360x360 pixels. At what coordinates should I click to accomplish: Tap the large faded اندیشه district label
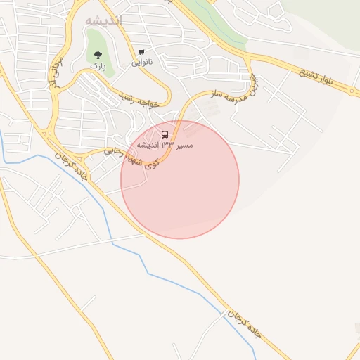coord(103,20)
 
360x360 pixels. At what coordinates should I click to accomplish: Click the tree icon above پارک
coord(97,55)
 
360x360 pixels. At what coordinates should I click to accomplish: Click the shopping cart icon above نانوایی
coord(142,52)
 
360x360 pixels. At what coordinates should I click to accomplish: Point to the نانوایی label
coord(143,63)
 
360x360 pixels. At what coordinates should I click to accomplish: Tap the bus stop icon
coord(165,134)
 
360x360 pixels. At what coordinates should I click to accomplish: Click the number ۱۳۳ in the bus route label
coord(167,145)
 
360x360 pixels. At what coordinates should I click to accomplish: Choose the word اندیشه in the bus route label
coord(147,145)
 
